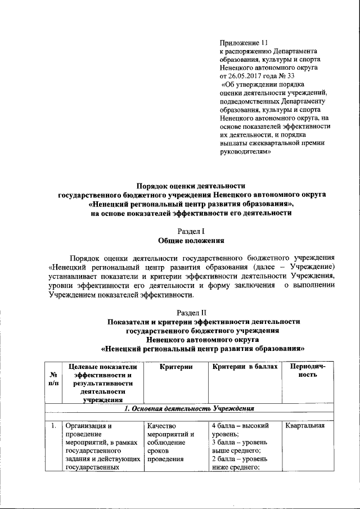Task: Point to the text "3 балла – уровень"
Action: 241,443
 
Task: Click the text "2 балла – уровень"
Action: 241,460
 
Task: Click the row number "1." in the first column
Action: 52,426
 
